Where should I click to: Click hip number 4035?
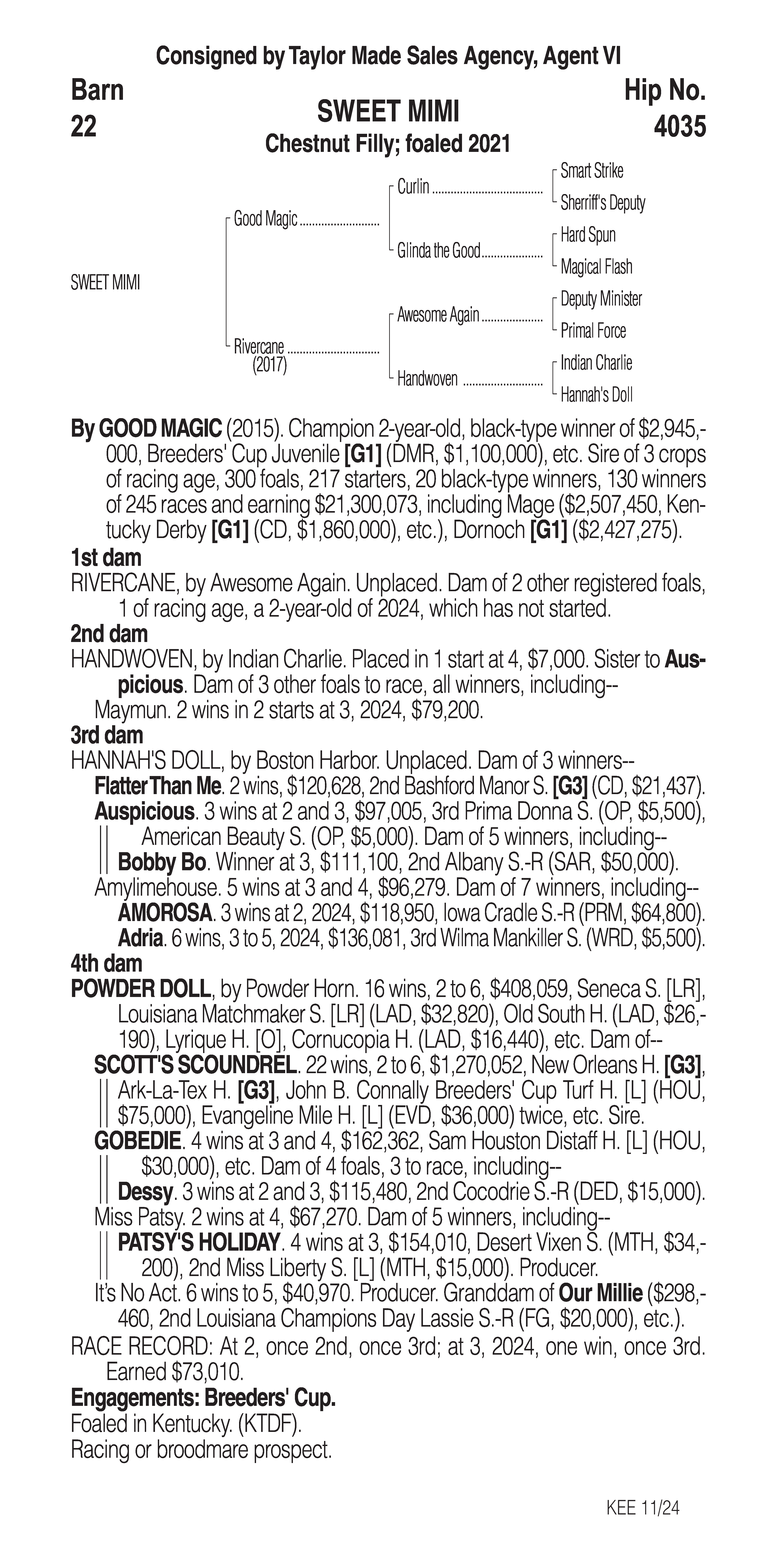pyautogui.click(x=679, y=127)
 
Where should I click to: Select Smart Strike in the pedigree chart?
pyautogui.click(x=592, y=171)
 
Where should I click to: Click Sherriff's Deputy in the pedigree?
pyautogui.click(x=602, y=203)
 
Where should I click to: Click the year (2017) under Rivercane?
pyautogui.click(x=269, y=365)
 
